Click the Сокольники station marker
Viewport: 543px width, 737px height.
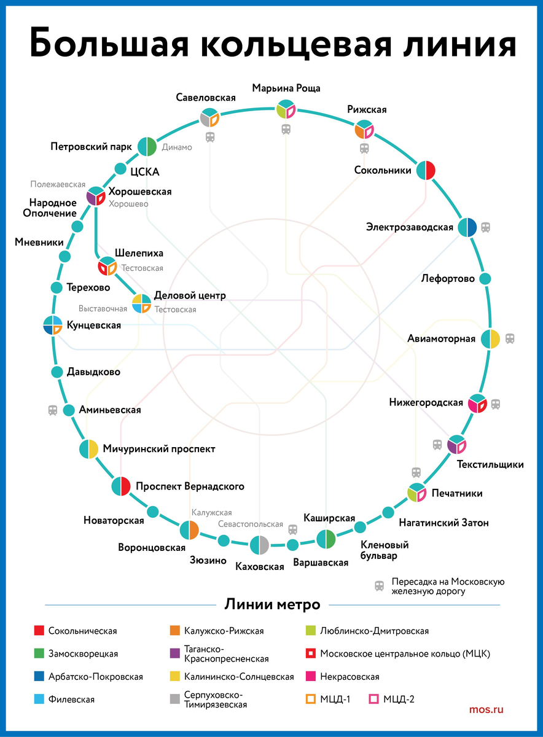click(x=426, y=170)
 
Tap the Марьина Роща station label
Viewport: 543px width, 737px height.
click(x=286, y=88)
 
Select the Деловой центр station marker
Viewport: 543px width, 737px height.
click(x=142, y=303)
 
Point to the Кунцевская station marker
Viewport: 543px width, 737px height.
click(x=53, y=325)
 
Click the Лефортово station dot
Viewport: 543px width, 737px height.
click(x=485, y=278)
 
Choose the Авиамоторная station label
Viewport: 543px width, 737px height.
click(x=441, y=338)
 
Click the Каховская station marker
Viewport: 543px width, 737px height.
click(x=259, y=545)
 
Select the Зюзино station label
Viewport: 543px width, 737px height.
click(x=208, y=560)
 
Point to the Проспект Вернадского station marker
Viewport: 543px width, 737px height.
click(x=121, y=486)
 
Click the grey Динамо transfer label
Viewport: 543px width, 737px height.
click(x=177, y=147)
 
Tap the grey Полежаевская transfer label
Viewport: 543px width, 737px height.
click(x=58, y=184)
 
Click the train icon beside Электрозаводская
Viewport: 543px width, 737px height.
click(x=485, y=227)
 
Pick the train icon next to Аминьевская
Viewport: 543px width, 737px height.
click(x=53, y=410)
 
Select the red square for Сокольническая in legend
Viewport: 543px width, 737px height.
click(x=39, y=631)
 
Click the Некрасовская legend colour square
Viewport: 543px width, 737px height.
click(x=310, y=676)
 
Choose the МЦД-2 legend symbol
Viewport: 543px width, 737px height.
click(x=372, y=699)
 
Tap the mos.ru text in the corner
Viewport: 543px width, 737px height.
click(x=486, y=710)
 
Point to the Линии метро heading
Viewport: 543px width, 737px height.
click(x=272, y=604)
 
